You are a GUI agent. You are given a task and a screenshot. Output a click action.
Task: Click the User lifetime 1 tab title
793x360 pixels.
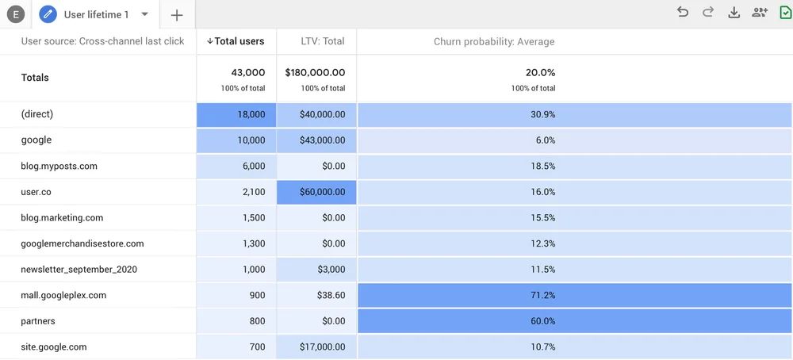tap(96, 14)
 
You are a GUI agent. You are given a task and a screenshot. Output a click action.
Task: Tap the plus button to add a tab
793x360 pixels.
tap(177, 15)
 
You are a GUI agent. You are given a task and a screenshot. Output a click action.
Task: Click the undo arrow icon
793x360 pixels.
tap(683, 12)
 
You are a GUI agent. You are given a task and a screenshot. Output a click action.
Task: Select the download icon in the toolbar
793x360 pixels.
tap(734, 12)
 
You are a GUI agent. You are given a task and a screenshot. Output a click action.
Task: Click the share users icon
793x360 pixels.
tap(760, 12)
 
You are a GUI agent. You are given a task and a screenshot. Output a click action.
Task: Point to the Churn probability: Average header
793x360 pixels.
tap(494, 41)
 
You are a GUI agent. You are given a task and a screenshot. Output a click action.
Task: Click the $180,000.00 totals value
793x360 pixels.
tap(315, 72)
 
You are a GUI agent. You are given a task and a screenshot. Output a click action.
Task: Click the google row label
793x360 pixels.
tap(36, 140)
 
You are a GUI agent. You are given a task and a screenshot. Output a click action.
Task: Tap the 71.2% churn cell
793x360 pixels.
tap(542, 295)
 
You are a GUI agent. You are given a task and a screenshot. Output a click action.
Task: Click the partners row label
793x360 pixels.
tap(38, 321)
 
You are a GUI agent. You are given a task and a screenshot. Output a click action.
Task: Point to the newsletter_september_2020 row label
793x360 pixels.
tap(79, 269)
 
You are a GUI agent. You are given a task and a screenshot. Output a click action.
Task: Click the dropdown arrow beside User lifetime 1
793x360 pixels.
tap(144, 14)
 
